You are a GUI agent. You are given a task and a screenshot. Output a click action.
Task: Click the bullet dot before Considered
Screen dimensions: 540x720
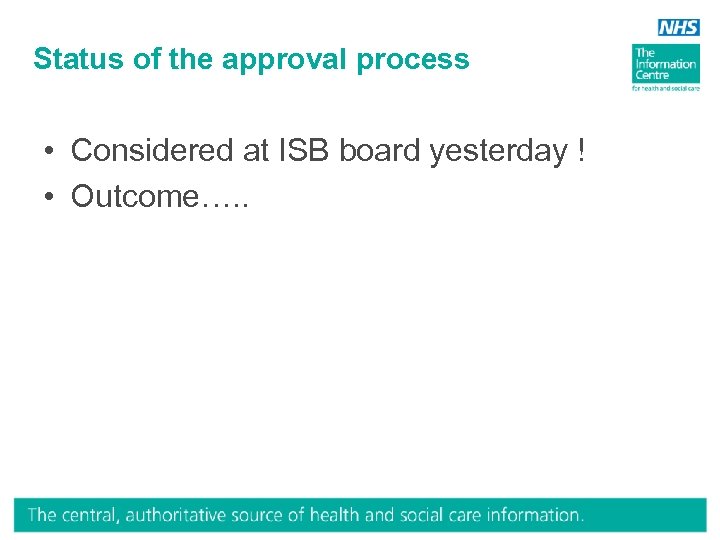tap(49, 151)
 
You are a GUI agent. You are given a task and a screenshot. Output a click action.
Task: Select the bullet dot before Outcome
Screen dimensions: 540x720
tap(49, 197)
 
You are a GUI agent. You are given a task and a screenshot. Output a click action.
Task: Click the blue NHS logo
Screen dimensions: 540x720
tap(679, 28)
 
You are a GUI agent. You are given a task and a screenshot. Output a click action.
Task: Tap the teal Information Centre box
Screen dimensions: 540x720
tap(665, 63)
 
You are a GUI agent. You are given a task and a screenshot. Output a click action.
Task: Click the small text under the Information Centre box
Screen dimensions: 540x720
tap(665, 89)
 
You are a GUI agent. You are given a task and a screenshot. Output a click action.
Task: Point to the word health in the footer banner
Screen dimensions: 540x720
tap(335, 516)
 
